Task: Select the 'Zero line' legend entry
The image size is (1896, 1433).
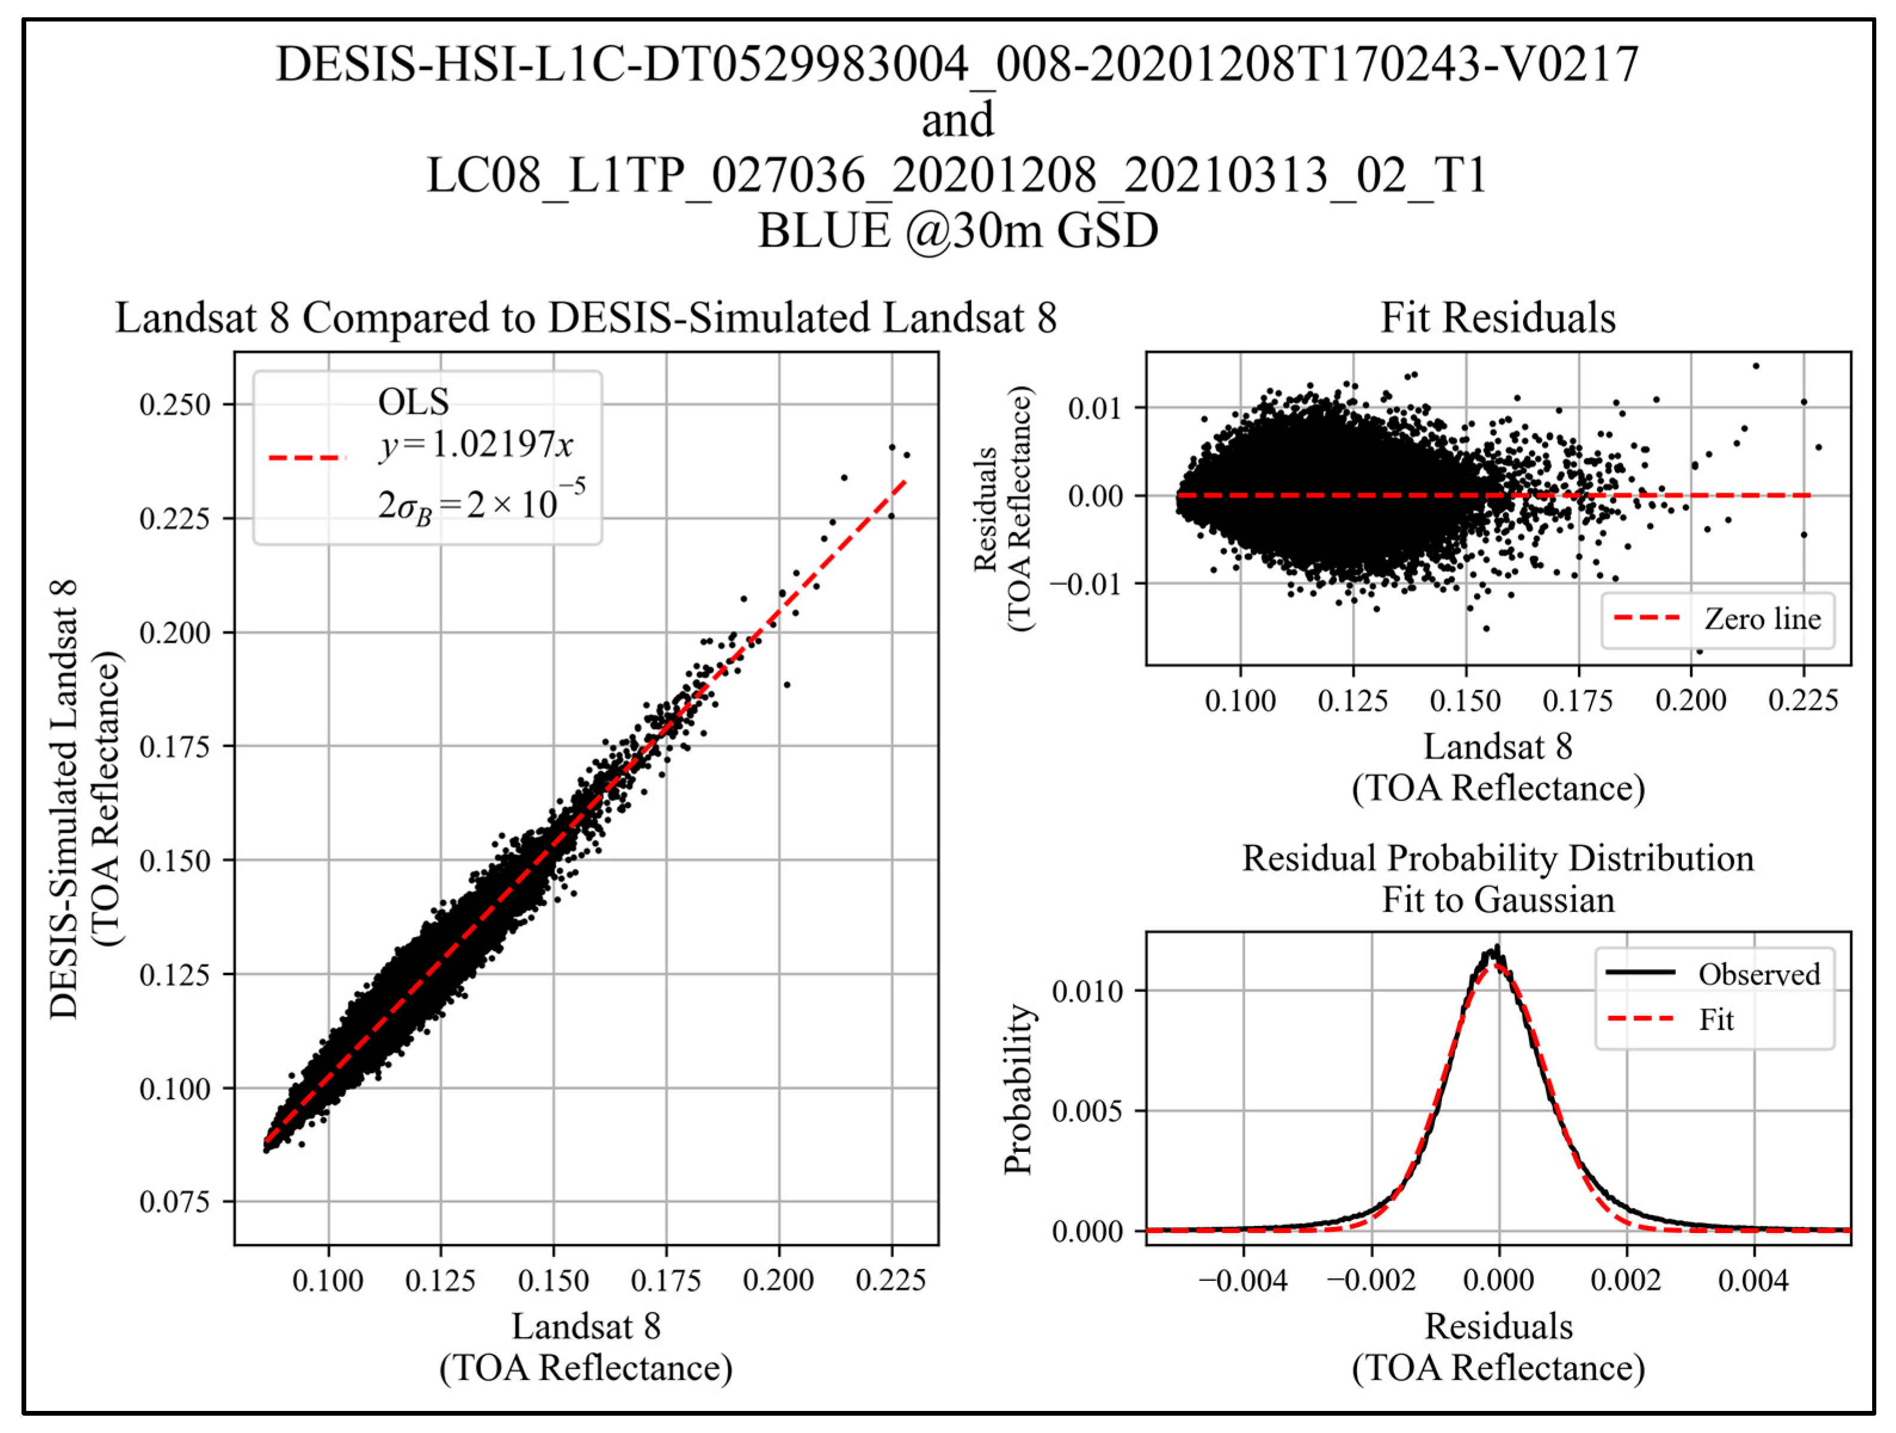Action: point(1762,619)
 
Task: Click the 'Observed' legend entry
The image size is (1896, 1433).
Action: point(1759,975)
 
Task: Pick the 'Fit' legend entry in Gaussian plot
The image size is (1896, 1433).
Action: point(1716,1020)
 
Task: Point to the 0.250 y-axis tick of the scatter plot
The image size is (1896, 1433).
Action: point(175,405)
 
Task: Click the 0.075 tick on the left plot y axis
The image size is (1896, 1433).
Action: point(175,1201)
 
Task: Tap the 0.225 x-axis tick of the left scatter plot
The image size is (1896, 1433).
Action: point(890,1280)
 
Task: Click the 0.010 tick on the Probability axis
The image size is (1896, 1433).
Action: point(1086,991)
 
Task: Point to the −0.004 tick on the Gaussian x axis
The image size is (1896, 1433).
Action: point(1243,1280)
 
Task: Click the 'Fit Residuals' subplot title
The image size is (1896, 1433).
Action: point(1497,318)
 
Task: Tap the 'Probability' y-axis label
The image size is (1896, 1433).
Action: point(1018,1089)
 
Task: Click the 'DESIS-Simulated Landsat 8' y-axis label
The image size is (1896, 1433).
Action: point(64,799)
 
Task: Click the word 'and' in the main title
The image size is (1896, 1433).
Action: point(957,120)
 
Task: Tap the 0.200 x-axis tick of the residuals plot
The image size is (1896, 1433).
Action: point(1690,701)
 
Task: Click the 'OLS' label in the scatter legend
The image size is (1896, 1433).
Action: point(413,401)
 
